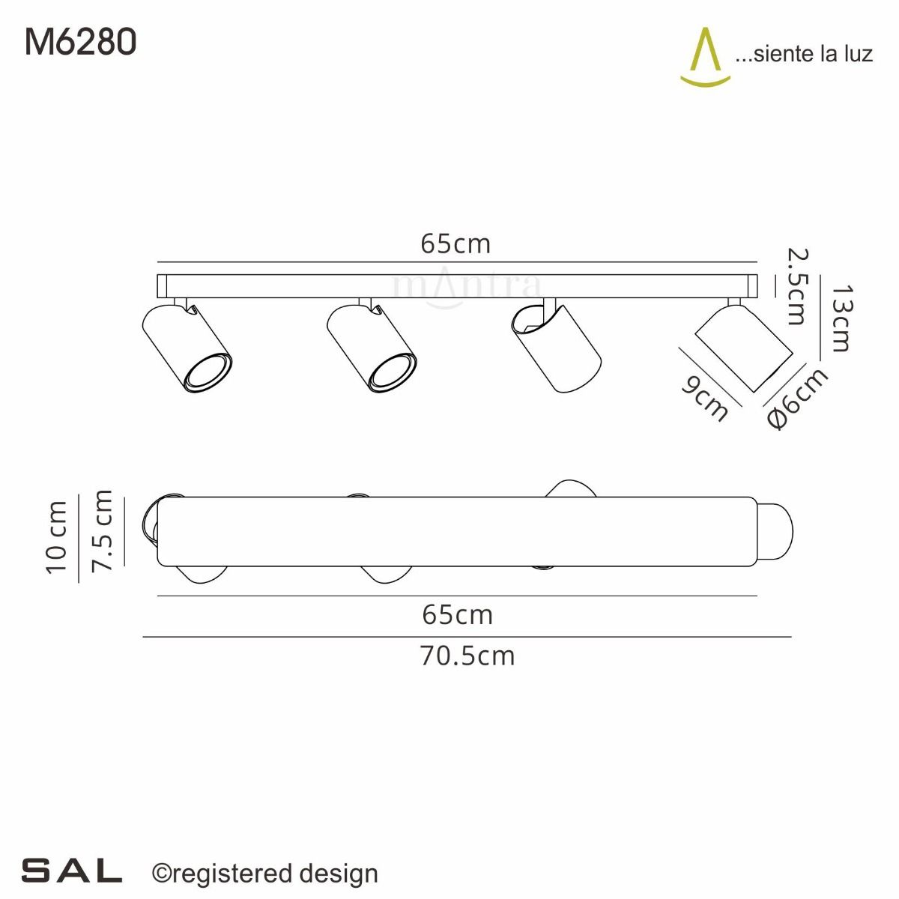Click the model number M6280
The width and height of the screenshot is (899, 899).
(81, 42)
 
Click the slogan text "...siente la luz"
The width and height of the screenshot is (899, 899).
(804, 54)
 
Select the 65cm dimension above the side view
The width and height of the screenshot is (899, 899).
(455, 243)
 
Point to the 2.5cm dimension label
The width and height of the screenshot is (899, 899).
(796, 288)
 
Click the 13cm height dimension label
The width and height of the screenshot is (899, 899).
(841, 318)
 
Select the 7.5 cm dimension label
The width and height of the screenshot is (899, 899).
(102, 531)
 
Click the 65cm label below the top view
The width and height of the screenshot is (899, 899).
(457, 615)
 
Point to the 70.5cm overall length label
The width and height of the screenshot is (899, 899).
(467, 656)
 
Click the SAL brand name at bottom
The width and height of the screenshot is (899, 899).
(72, 871)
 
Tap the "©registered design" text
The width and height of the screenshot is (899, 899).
(265, 874)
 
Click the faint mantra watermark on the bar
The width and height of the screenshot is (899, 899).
(466, 288)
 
